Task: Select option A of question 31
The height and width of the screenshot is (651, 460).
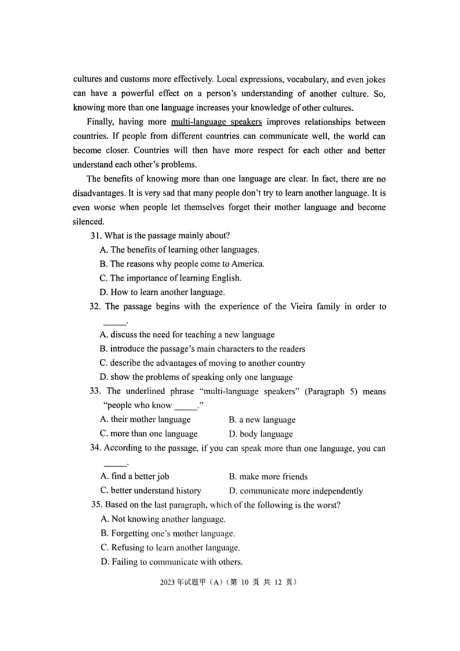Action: pos(180,250)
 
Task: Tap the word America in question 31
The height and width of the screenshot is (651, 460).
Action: pos(248,264)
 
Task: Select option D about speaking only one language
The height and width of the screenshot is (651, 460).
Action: pos(196,377)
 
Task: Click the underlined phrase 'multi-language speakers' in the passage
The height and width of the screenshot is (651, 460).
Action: pos(216,122)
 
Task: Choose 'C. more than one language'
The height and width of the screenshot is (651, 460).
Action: pos(149,434)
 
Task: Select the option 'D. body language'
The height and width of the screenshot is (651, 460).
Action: pos(261,434)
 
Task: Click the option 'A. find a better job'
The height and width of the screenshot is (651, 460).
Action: pos(135,477)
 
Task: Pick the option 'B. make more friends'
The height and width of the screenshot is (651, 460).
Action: pos(268,477)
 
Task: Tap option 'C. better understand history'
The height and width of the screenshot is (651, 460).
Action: pos(151,490)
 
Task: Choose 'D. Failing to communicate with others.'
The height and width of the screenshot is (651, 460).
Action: pos(171,562)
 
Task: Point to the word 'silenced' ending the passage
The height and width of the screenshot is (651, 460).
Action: pos(88,221)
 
